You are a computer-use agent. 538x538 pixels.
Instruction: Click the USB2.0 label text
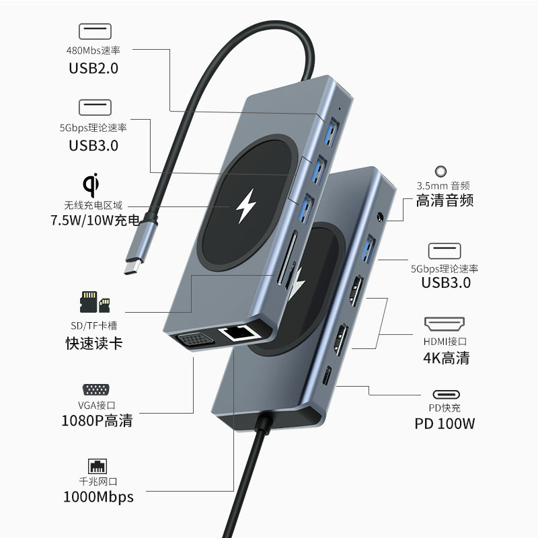click(x=93, y=67)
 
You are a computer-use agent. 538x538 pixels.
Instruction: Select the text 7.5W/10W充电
click(x=95, y=220)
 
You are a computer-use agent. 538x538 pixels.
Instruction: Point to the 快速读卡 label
click(x=93, y=344)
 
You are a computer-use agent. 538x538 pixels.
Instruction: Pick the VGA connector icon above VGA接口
click(x=93, y=390)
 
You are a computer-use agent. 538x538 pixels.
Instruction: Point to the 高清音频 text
click(x=445, y=201)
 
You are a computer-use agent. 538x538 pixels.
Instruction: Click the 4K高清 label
click(x=446, y=357)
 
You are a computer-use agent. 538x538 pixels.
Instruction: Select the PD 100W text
click(x=445, y=424)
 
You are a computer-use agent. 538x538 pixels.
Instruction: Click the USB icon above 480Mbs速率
click(x=93, y=31)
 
